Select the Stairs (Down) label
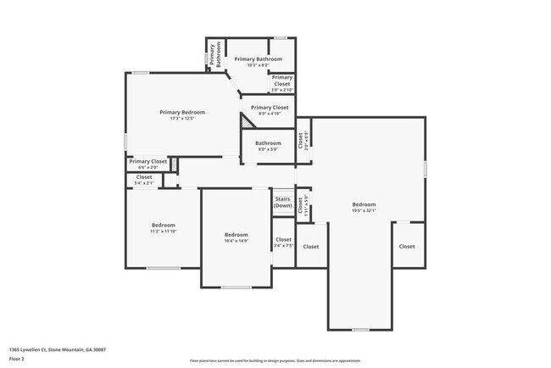[282, 203]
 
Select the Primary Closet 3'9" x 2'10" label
[281, 81]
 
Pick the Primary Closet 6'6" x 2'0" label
[147, 164]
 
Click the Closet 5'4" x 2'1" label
[144, 180]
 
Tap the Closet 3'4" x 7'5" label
[283, 243]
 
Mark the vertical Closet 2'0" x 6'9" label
[303, 140]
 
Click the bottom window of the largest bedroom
[360, 329]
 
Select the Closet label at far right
[407, 247]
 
